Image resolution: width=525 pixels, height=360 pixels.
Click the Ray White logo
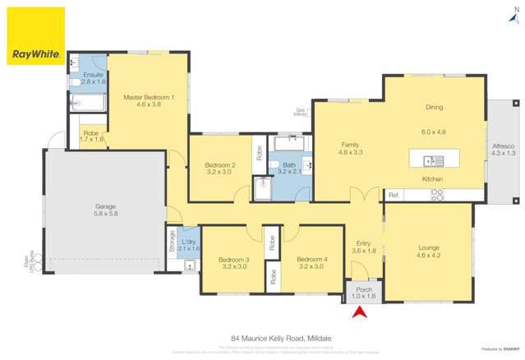pos(35,36)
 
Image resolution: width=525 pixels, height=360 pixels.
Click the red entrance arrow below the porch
pos(357,312)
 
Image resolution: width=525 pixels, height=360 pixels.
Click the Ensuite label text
pos(93,76)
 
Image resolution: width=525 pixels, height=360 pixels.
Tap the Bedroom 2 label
pos(219,165)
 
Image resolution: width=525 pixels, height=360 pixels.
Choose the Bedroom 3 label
pos(234,260)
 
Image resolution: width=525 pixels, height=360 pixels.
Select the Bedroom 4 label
pos(312,260)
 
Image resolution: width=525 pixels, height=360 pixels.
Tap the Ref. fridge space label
pos(394,195)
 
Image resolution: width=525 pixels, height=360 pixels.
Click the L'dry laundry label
pos(190,242)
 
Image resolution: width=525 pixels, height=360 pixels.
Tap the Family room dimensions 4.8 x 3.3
pos(351,152)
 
